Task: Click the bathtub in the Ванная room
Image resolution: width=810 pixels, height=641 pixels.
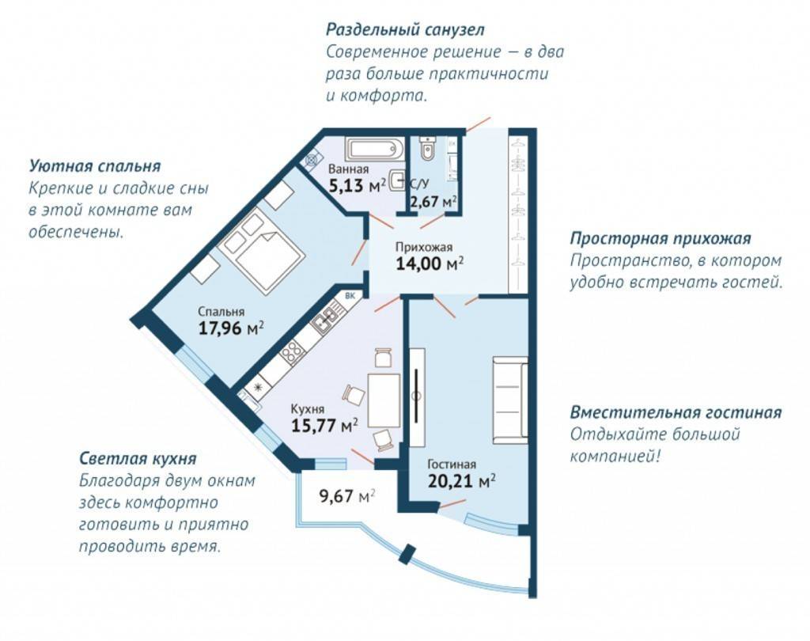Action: [376, 150]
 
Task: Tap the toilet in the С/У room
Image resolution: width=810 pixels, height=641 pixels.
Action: [427, 148]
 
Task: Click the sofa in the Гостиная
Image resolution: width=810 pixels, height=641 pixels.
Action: [510, 400]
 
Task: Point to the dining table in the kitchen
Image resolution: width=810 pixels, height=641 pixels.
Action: [384, 400]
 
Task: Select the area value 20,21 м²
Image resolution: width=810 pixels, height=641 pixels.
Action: [462, 481]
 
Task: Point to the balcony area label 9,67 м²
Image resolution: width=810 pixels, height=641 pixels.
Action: [347, 496]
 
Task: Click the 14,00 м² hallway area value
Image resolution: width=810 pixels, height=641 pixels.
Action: [430, 264]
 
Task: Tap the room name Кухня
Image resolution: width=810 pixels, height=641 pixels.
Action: [308, 409]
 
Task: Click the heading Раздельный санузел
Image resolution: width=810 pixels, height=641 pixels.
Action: [405, 30]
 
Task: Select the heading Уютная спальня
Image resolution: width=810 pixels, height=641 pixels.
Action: [95, 166]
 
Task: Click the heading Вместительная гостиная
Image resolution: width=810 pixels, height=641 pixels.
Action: [676, 412]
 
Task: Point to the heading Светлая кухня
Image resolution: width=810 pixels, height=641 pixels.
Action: [138, 458]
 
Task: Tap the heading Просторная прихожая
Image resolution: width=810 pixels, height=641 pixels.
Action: [660, 239]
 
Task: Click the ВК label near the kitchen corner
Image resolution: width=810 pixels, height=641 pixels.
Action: [350, 296]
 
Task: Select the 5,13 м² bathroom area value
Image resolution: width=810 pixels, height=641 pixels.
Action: [358, 184]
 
